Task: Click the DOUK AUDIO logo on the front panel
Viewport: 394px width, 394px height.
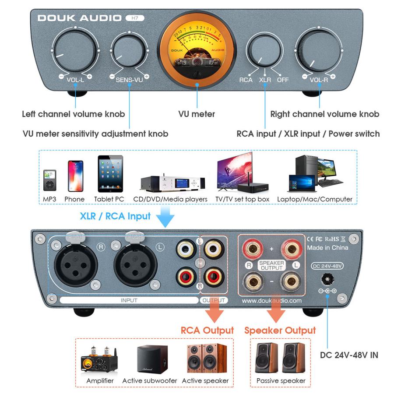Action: pyautogui.click(x=79, y=18)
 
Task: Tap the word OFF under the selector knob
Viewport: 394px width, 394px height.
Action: pyautogui.click(x=283, y=80)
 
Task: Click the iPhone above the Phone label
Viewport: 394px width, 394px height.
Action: pyautogui.click(x=75, y=176)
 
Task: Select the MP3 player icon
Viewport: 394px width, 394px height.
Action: pyautogui.click(x=49, y=180)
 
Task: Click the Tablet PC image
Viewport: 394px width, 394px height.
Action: pyautogui.click(x=109, y=174)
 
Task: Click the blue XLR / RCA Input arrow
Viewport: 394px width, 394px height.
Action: pyautogui.click(x=165, y=217)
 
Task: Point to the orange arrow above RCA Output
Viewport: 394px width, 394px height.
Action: pyautogui.click(x=215, y=313)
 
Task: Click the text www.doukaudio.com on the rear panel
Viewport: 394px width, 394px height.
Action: pyautogui.click(x=271, y=301)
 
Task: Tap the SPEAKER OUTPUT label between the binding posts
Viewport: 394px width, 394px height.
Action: pyautogui.click(x=271, y=265)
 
